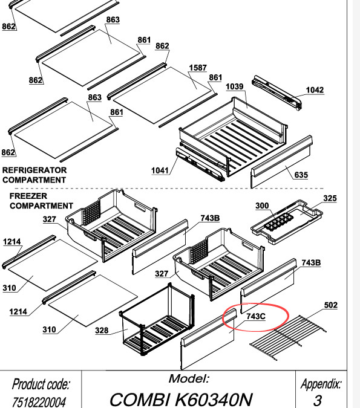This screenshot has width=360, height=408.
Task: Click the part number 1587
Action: click(x=198, y=68)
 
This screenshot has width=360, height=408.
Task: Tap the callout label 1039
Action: click(x=234, y=86)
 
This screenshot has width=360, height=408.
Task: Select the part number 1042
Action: click(x=315, y=90)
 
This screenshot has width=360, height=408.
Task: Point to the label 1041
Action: click(x=160, y=170)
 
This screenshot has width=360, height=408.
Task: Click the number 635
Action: click(x=301, y=175)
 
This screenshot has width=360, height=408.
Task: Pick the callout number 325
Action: click(x=330, y=198)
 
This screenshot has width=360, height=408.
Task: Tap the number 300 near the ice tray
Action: click(x=262, y=206)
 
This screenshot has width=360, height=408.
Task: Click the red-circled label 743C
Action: click(x=256, y=316)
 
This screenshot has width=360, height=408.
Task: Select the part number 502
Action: click(x=330, y=305)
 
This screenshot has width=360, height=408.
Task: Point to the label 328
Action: click(x=102, y=331)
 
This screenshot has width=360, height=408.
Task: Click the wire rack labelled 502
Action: click(x=288, y=337)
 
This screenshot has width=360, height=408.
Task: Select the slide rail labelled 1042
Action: click(x=277, y=92)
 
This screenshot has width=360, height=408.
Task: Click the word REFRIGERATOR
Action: click(x=34, y=170)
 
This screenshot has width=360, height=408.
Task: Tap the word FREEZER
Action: click(x=28, y=196)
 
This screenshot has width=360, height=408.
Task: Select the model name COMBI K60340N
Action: click(x=182, y=400)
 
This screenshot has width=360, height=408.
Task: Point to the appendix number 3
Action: click(x=318, y=401)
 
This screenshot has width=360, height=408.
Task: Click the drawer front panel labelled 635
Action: click(x=281, y=161)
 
